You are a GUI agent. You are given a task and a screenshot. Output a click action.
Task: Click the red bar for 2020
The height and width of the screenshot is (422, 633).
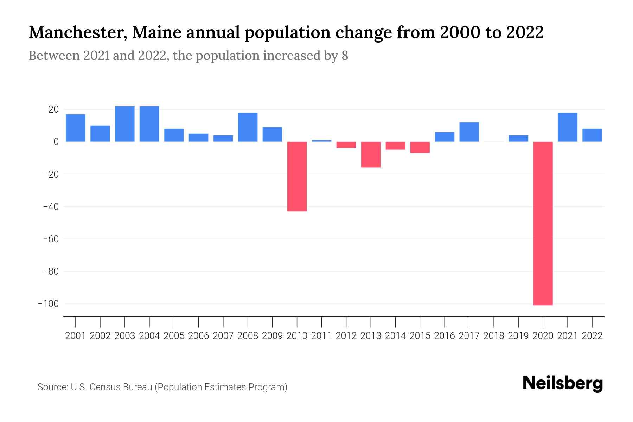pyautogui.click(x=543, y=223)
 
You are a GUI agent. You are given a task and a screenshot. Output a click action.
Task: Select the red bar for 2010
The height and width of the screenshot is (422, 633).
pyautogui.click(x=297, y=177)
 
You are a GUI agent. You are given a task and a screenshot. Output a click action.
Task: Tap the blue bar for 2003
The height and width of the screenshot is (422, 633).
pyautogui.click(x=125, y=124)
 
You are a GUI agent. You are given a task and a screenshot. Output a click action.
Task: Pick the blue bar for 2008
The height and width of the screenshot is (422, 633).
pyautogui.click(x=248, y=127)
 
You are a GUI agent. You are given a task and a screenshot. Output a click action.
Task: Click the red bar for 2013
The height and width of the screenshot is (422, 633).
pyautogui.click(x=371, y=154)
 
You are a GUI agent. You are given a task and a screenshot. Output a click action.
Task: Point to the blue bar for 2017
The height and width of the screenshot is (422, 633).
pyautogui.click(x=469, y=132)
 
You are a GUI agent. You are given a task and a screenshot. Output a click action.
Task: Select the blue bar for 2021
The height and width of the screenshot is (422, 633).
pyautogui.click(x=567, y=127)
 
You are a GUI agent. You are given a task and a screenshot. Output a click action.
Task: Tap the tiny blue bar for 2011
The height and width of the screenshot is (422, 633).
pyautogui.click(x=321, y=141)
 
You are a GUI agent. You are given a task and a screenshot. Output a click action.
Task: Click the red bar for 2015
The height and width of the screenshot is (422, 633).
pyautogui.click(x=420, y=147)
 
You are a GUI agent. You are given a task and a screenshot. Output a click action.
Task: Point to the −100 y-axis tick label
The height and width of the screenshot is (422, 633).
pyautogui.click(x=49, y=303)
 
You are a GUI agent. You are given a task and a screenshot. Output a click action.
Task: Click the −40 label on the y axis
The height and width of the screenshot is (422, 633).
pyautogui.click(x=51, y=206)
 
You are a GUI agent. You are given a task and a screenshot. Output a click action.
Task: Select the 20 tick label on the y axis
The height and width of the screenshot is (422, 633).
pyautogui.click(x=53, y=109)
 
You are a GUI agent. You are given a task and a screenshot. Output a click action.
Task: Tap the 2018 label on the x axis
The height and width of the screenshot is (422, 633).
pyautogui.click(x=493, y=336)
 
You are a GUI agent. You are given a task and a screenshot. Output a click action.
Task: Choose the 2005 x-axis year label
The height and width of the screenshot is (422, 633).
pyautogui.click(x=174, y=336)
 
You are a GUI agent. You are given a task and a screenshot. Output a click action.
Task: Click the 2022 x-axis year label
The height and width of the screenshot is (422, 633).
pyautogui.click(x=592, y=336)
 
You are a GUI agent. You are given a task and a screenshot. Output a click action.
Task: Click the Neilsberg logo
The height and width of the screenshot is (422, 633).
pyautogui.click(x=563, y=384)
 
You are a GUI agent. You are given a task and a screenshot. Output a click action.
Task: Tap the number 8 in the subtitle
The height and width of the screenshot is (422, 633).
pyautogui.click(x=345, y=56)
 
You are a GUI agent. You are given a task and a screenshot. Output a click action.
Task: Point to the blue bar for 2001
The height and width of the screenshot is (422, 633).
pyautogui.click(x=76, y=128)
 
